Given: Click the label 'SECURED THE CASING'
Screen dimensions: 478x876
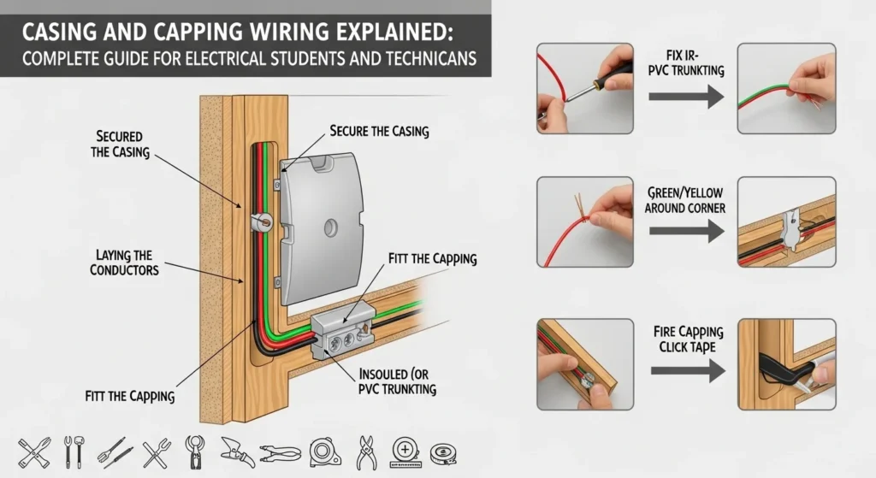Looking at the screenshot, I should (120, 145).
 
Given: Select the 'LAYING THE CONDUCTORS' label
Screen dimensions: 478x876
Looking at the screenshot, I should (124, 263).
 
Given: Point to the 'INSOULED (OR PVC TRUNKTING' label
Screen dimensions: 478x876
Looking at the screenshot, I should (398, 382).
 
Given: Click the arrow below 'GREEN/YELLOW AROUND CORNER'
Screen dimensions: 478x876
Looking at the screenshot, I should (685, 230).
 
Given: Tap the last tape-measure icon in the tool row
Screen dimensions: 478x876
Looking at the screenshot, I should (442, 451).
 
